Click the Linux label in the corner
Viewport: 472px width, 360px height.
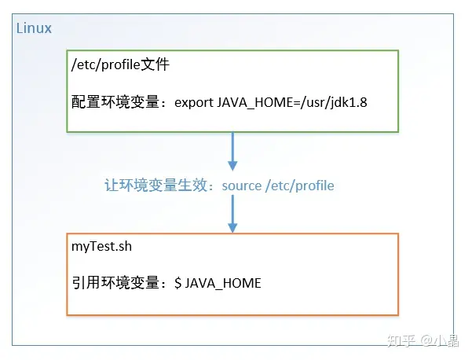tap(34, 28)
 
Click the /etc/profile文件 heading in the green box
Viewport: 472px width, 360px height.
tap(120, 64)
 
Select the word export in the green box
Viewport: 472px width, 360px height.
tap(194, 103)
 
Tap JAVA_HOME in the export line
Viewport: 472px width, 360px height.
tap(254, 103)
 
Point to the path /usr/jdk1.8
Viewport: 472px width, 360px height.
tap(334, 103)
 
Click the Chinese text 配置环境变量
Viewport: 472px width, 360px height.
tap(115, 102)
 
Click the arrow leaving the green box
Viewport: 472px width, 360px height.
tap(232, 151)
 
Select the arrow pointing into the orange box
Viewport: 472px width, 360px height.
tap(232, 214)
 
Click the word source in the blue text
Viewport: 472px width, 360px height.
tap(242, 186)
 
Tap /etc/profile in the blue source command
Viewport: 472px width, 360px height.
tap(300, 186)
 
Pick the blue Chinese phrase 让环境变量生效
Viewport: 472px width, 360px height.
tap(156, 185)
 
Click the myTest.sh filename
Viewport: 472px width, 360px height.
tap(102, 247)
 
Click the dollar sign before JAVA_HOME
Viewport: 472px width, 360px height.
tap(178, 283)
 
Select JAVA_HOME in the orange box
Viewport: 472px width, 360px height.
tap(223, 284)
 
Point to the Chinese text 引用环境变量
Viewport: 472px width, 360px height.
tap(115, 283)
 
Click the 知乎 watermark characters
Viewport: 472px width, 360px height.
tap(401, 340)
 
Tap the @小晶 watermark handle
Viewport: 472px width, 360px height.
tap(440, 340)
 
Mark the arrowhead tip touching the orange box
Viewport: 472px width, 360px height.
tap(232, 233)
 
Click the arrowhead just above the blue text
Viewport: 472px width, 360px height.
tap(232, 166)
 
